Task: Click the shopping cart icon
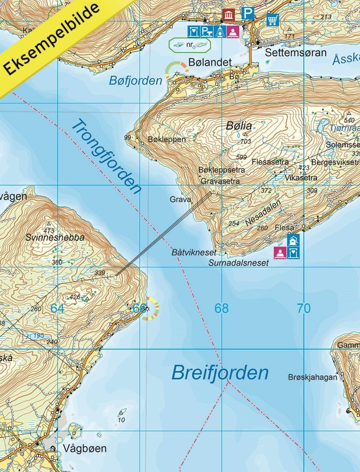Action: point(272,20)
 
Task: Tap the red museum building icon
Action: point(229,15)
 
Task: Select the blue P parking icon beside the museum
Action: point(247,14)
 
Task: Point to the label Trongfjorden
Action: point(106,156)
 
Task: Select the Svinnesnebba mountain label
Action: point(55,238)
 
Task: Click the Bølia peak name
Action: point(239,126)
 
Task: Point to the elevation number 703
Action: point(246,142)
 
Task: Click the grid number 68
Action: point(221,308)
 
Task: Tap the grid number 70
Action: point(304,308)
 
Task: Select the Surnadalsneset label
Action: point(238,263)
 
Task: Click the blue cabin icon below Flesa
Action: point(293,240)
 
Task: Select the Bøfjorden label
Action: point(135,81)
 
